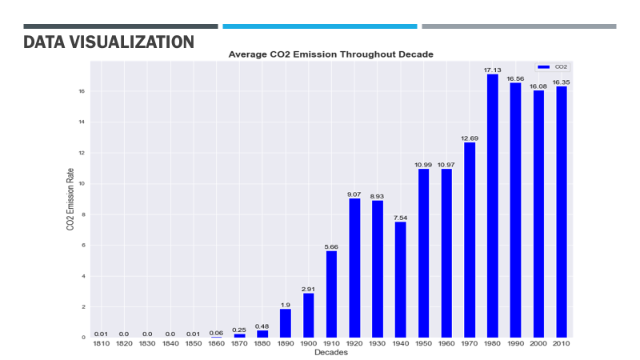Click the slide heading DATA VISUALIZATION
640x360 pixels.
point(109,42)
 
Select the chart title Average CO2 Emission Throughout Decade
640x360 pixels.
point(331,55)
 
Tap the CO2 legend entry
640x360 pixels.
point(552,68)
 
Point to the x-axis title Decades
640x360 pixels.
point(330,352)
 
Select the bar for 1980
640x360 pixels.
point(492,206)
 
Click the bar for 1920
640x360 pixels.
point(354,267)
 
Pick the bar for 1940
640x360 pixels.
point(400,279)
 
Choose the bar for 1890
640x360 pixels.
point(286,322)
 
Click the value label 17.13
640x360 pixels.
point(492,70)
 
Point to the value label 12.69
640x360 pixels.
point(469,138)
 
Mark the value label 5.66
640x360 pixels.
point(331,246)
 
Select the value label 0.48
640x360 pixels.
point(262,326)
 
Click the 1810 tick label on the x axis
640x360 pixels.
point(101,344)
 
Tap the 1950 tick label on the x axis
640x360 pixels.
point(423,344)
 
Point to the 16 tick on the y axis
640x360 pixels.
point(82,92)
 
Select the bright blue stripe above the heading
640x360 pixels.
point(319,26)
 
